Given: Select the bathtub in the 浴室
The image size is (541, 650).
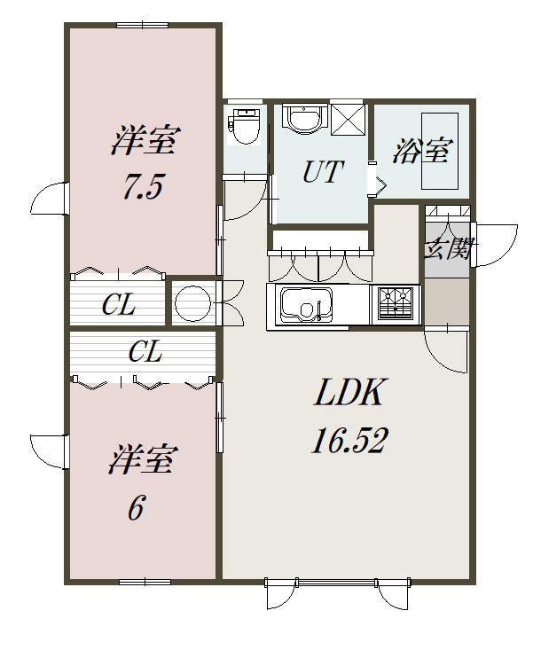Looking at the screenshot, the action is click(439, 151).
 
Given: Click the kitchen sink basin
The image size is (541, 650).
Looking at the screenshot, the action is click(307, 306).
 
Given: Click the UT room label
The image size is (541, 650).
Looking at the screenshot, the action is click(323, 172).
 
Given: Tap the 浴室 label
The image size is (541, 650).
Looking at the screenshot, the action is click(420, 151).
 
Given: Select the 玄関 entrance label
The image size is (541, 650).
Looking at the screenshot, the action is click(449, 248).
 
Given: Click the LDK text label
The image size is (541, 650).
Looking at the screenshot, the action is click(349, 392).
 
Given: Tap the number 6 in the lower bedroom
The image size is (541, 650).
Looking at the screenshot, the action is click(136, 509).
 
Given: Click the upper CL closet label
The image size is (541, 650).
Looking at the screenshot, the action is click(119, 305).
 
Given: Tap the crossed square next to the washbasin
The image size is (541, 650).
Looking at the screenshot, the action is click(348, 120).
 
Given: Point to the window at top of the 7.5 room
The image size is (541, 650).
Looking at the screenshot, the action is click(142, 26).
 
